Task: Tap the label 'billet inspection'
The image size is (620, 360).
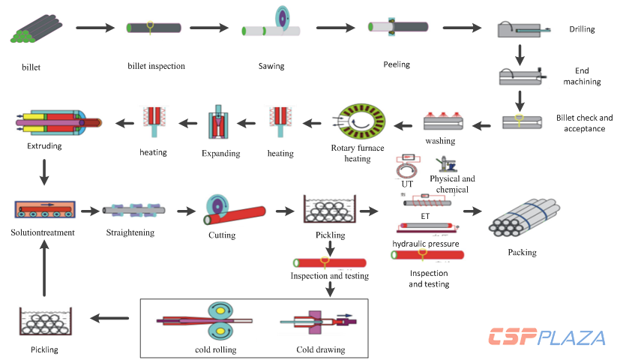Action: point(156,66)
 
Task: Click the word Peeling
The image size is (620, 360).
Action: point(397,64)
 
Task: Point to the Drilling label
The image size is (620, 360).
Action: point(582,30)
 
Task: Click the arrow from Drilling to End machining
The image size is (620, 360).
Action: point(520,55)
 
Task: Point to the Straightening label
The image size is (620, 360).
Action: point(131,232)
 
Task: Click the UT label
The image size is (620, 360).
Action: point(407,184)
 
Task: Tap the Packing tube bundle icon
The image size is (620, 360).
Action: point(520,217)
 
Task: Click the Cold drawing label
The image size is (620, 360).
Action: point(321,349)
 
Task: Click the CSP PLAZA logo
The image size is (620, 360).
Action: point(547,337)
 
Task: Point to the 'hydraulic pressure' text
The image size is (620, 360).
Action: point(426,244)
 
